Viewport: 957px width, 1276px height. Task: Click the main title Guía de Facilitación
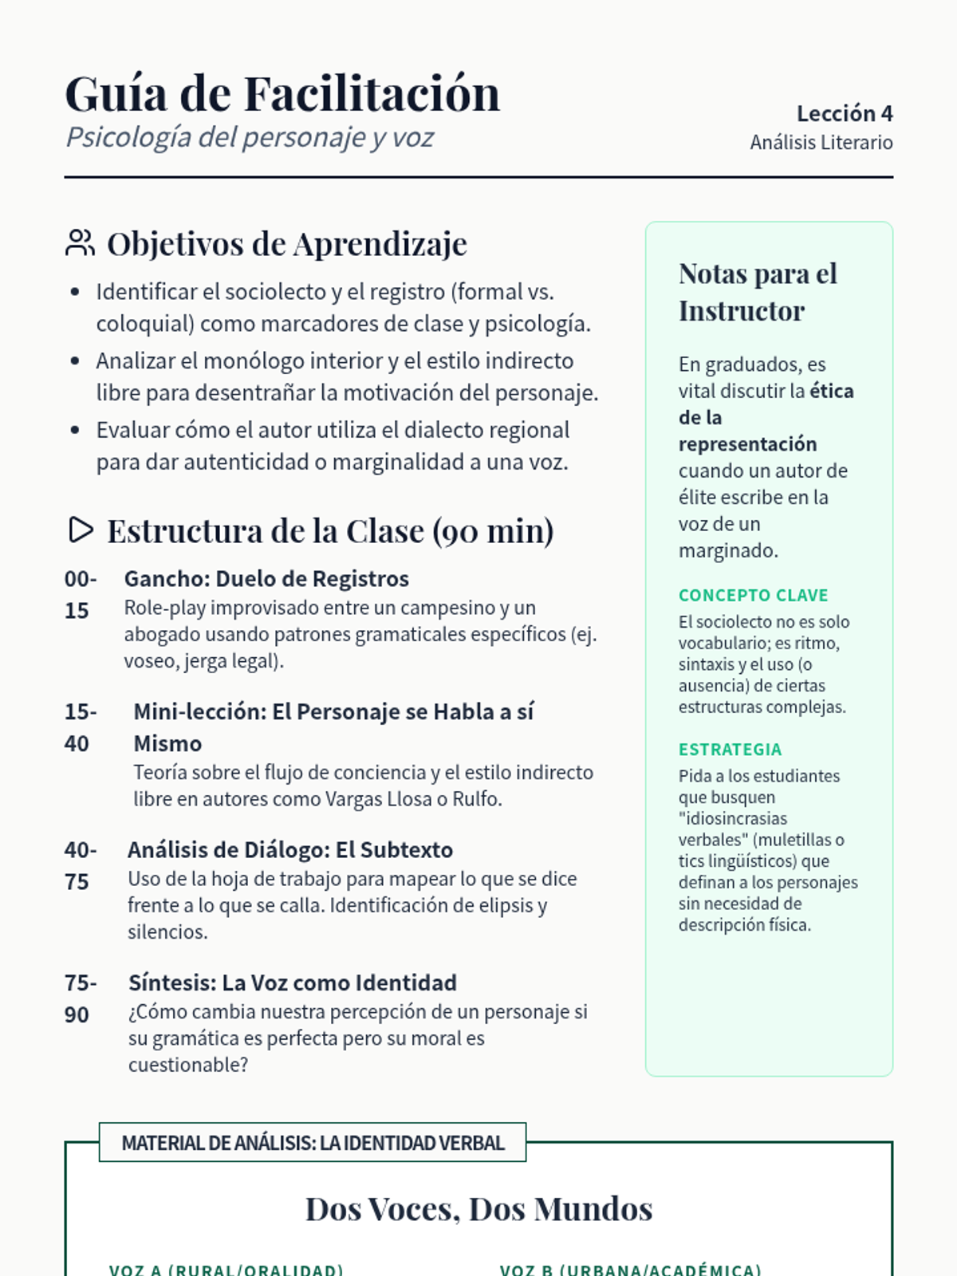[x=282, y=94]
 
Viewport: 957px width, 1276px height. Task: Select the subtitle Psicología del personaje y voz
[x=250, y=137]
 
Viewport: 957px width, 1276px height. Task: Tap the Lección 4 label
[x=845, y=113]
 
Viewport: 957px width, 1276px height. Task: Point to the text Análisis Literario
[x=821, y=143]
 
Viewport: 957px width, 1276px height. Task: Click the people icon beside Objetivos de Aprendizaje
[x=80, y=243]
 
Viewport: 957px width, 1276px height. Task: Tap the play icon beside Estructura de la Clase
[x=81, y=530]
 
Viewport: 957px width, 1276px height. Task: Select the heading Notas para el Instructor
[x=758, y=292]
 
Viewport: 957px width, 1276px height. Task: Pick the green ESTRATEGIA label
[x=730, y=749]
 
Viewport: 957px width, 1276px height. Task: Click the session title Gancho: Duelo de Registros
[x=266, y=579]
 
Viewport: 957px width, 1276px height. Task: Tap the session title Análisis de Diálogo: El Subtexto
[x=290, y=850]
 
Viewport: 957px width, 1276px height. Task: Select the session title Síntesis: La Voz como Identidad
[x=293, y=983]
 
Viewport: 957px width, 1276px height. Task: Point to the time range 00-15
[x=80, y=594]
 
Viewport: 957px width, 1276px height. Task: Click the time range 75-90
[x=80, y=998]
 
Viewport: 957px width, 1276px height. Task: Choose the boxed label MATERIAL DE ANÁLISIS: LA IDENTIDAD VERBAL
[x=313, y=1143]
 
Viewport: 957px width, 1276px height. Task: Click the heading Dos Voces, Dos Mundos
[x=478, y=1209]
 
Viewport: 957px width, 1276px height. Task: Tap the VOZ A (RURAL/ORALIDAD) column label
[x=226, y=1268]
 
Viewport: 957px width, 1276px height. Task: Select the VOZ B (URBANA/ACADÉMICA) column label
[x=630, y=1268]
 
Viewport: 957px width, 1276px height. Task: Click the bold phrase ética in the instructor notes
[x=832, y=391]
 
